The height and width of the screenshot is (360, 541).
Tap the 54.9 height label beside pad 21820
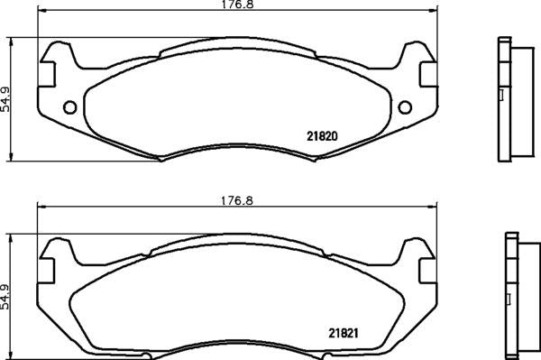point(5,100)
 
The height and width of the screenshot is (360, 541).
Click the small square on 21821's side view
point(507,293)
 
